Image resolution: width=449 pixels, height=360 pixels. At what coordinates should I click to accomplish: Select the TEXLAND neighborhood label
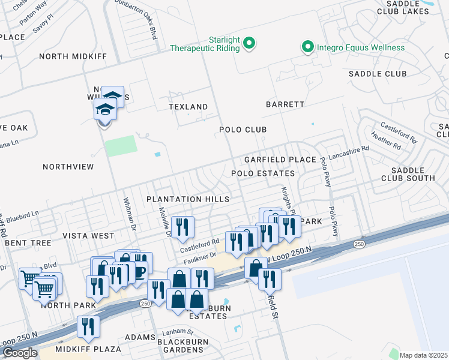click(188, 107)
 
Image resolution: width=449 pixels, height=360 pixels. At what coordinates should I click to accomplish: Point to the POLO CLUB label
click(243, 130)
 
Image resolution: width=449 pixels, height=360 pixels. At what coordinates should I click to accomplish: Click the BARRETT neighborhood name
click(285, 104)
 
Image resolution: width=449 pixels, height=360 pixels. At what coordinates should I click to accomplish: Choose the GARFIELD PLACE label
click(280, 160)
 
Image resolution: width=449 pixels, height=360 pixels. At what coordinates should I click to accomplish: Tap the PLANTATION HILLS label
click(188, 199)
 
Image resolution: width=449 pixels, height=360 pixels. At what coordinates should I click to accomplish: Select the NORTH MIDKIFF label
click(73, 56)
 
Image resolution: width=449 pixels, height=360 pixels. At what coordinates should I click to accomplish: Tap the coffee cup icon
click(139, 271)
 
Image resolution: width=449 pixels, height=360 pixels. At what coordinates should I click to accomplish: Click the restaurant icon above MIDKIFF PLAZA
click(88, 326)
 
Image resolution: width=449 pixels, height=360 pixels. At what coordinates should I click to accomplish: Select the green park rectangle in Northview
click(121, 146)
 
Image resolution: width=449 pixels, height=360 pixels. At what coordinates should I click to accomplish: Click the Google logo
click(20, 353)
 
